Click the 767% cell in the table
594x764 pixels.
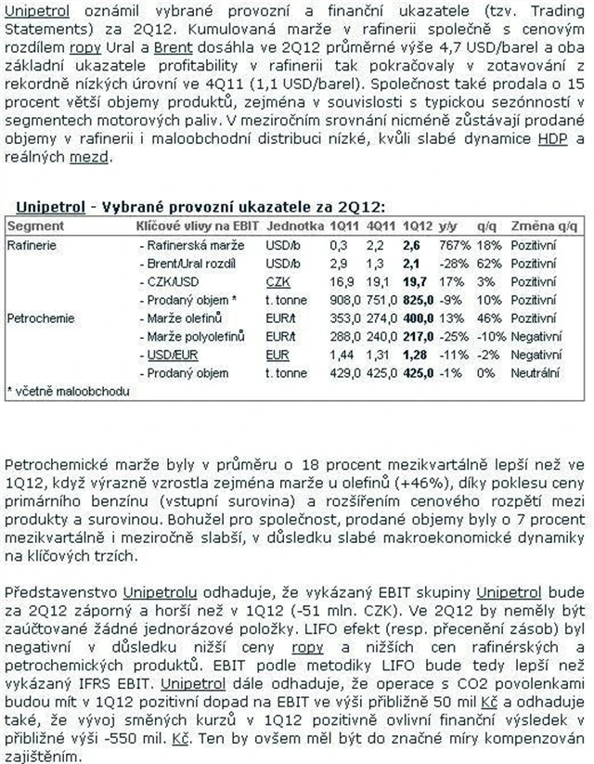pyautogui.click(x=452, y=245)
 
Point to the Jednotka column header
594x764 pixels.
pyautogui.click(x=294, y=226)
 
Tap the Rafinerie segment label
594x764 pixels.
pyautogui.click(x=32, y=245)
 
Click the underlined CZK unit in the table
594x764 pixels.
pyautogui.click(x=276, y=281)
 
